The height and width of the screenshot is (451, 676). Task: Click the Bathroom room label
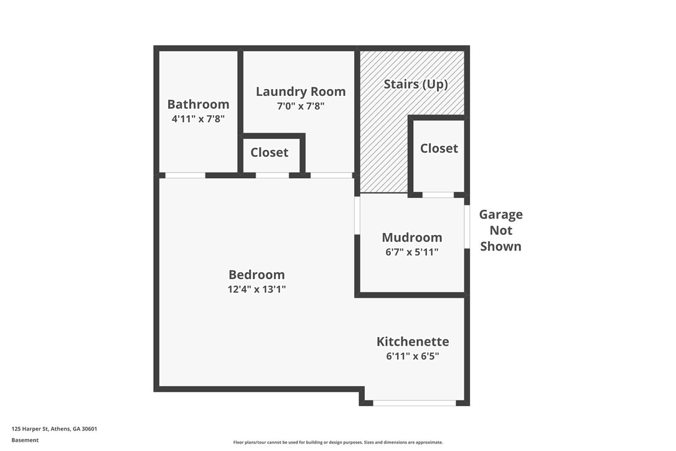click(198, 104)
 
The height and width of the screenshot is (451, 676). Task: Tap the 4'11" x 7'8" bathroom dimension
click(198, 118)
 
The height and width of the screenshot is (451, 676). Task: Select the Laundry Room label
click(301, 92)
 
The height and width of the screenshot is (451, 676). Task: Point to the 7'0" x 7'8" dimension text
click(301, 106)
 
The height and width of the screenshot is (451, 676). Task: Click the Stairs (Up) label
click(415, 84)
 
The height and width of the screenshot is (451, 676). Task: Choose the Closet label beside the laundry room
click(269, 153)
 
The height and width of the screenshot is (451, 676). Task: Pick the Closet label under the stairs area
click(439, 148)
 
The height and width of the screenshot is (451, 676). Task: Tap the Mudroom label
click(411, 237)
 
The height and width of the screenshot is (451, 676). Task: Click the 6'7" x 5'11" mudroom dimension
click(411, 252)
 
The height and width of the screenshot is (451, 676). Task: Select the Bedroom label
click(256, 275)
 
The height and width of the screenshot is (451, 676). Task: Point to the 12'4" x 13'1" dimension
click(256, 289)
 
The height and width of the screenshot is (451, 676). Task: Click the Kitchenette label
click(412, 341)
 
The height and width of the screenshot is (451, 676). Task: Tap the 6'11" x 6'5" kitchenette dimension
click(412, 356)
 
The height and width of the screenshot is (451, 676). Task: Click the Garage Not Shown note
click(500, 230)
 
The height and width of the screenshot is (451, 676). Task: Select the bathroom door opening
click(185, 176)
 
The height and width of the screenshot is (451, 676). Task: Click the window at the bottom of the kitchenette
click(414, 403)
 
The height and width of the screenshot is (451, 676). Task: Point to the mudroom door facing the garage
click(467, 226)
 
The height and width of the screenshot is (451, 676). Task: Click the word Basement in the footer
click(25, 440)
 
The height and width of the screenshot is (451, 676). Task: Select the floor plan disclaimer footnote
click(338, 442)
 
